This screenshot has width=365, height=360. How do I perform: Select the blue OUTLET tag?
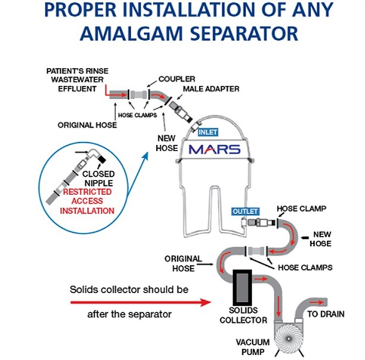pyautogui.click(x=243, y=211)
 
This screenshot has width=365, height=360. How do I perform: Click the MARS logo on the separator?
pyautogui.click(x=215, y=149)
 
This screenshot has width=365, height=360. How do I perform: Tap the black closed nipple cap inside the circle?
pyautogui.click(x=98, y=159)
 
